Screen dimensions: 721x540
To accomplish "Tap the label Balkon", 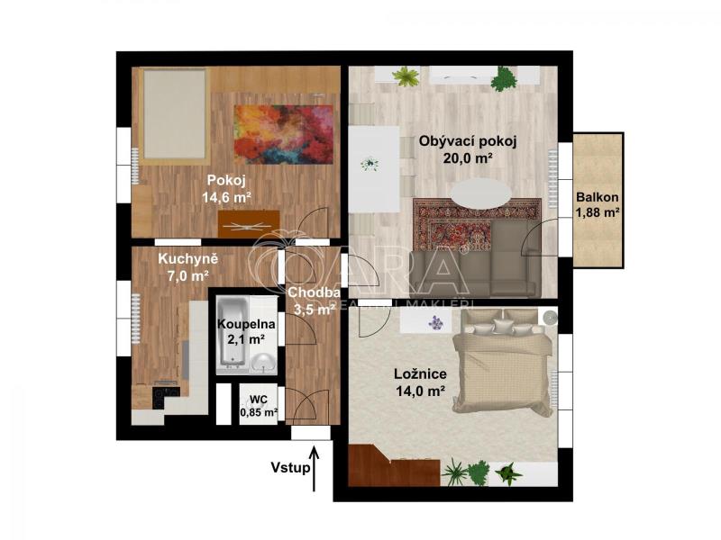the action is (x=598, y=197).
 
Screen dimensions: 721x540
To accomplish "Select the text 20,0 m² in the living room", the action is (x=468, y=158).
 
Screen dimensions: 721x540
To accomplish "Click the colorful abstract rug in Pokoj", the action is (x=283, y=134).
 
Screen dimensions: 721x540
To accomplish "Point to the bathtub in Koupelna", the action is (x=233, y=332).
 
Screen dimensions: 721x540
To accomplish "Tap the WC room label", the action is (x=259, y=400).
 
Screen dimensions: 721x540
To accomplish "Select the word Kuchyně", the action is (x=187, y=259).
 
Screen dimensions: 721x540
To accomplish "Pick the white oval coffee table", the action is (x=481, y=193).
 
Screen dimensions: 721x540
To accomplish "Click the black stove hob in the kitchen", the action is (x=166, y=397).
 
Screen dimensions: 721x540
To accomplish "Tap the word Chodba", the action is (x=314, y=292).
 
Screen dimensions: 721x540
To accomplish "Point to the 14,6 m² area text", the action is (x=227, y=198).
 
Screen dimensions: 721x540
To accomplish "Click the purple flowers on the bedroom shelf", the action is (x=435, y=322).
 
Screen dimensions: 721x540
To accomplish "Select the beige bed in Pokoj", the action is (x=174, y=116).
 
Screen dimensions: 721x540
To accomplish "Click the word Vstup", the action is (x=290, y=468).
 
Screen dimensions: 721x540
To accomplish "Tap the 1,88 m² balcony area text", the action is (x=598, y=213).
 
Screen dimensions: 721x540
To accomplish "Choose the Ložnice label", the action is (x=420, y=373).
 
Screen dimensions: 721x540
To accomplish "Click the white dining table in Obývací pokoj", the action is (x=374, y=169).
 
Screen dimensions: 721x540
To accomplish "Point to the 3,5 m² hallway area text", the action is (x=314, y=310).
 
